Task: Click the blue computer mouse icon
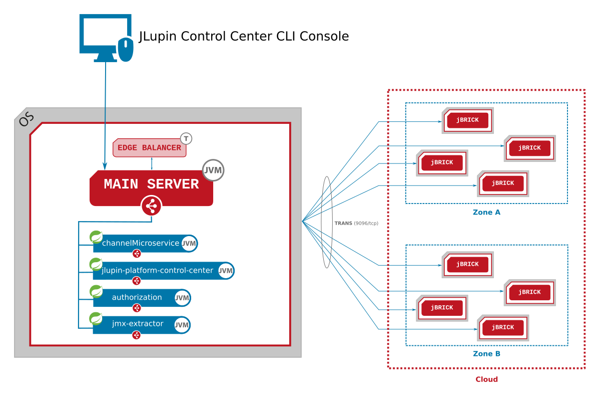(126, 49)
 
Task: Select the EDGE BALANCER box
(149, 148)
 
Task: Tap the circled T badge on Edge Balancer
(186, 138)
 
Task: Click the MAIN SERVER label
(151, 184)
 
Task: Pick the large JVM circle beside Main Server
(213, 170)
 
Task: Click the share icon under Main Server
(151, 206)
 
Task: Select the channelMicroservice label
(140, 243)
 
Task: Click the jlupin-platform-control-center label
(157, 271)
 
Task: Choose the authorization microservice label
(137, 297)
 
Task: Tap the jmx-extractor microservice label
(137, 324)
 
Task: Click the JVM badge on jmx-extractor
(182, 325)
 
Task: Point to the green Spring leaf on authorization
(96, 291)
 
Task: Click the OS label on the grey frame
(26, 119)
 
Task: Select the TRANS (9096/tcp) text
(356, 223)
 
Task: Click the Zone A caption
(486, 213)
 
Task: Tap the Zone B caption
(486, 354)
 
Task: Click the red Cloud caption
(486, 379)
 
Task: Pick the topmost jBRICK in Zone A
(467, 120)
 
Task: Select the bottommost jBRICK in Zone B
(503, 328)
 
